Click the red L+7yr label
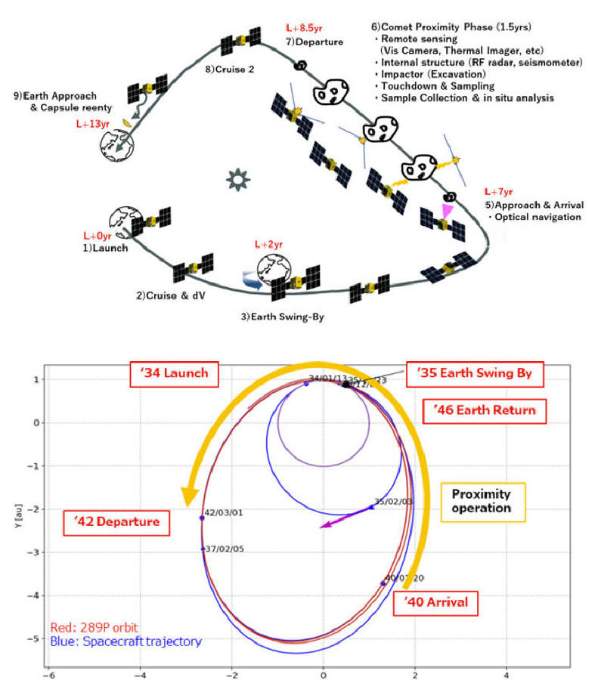499,192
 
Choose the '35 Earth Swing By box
474,373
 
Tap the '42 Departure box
117,522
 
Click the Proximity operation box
482,502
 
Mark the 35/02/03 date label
393,501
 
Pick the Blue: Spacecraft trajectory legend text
125,641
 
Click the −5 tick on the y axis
35,638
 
